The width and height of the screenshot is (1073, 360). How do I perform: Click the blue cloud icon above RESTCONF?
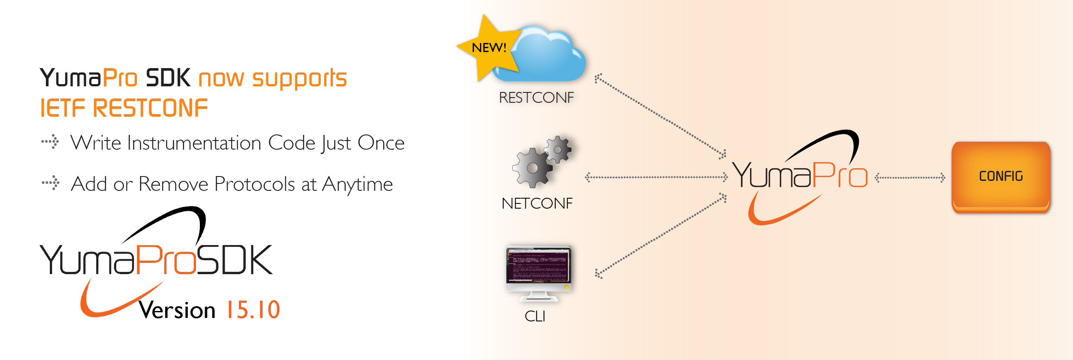[x=548, y=54]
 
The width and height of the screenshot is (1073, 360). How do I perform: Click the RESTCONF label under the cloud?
[x=536, y=98]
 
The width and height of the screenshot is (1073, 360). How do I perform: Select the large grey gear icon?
[x=532, y=168]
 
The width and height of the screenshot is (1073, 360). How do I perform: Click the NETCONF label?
[x=537, y=203]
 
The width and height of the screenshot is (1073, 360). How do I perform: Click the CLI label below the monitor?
[x=535, y=316]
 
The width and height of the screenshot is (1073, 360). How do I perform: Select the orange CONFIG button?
[x=1001, y=177]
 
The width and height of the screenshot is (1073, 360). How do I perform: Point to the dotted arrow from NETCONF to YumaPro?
[x=656, y=177]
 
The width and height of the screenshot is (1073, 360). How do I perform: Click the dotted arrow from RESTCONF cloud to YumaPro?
[x=660, y=115]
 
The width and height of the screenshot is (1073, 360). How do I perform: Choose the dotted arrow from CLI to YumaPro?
[x=661, y=236]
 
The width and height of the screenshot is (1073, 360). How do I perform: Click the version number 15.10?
[x=253, y=310]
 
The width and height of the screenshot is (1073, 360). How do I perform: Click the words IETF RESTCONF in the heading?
[x=124, y=108]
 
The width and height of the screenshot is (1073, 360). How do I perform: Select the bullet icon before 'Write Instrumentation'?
[x=50, y=142]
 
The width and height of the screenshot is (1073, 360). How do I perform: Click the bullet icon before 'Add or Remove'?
[x=51, y=183]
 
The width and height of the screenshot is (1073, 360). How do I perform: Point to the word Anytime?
[x=357, y=184]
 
